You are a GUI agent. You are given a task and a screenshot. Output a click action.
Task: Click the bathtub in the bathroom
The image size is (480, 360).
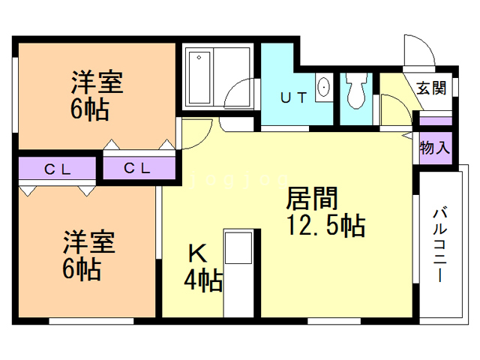(199, 77)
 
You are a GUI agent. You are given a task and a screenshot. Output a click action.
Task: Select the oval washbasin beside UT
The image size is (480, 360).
(324, 87)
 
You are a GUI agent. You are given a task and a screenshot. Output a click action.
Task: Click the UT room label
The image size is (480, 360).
(293, 97)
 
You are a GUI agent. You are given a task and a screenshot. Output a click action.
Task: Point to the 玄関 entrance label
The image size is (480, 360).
(431, 88)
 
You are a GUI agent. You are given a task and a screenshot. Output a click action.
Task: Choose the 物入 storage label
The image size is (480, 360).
(434, 146)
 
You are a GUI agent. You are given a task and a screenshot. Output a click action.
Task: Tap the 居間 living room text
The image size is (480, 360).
(313, 200)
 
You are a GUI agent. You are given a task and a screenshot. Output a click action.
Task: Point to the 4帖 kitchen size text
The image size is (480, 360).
(202, 281)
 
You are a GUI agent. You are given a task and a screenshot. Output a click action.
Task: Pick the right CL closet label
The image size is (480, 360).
(137, 168)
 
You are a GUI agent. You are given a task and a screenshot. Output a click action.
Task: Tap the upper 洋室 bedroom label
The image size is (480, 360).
(97, 80)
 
